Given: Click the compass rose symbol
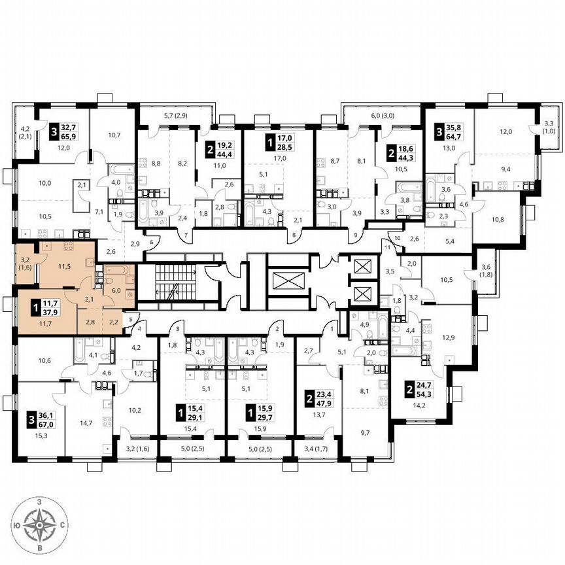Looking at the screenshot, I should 41,524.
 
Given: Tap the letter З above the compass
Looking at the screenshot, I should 41,501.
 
